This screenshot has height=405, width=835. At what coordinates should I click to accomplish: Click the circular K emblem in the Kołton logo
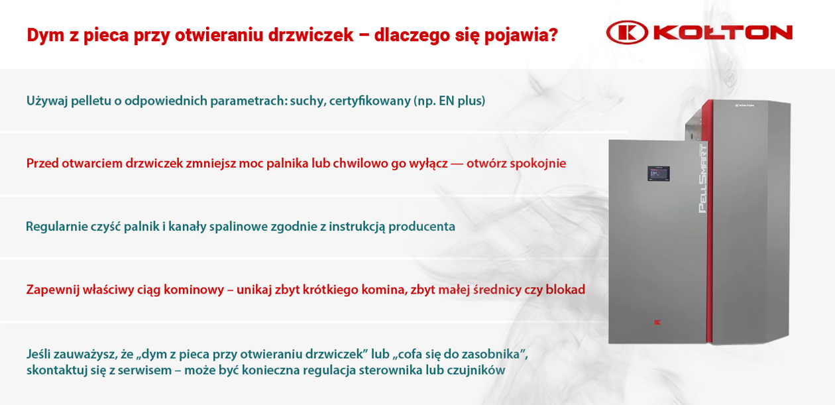(628, 32)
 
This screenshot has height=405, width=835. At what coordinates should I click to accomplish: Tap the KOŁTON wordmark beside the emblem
(723, 32)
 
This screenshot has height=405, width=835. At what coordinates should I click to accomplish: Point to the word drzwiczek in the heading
(311, 35)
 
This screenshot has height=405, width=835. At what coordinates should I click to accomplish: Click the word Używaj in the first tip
(47, 101)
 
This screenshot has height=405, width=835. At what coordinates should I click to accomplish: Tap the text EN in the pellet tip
(446, 101)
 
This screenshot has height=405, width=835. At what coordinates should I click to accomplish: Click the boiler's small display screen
(658, 174)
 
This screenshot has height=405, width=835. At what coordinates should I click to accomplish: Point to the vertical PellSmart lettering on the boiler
(702, 178)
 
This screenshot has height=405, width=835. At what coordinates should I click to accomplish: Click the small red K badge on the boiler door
(657, 323)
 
